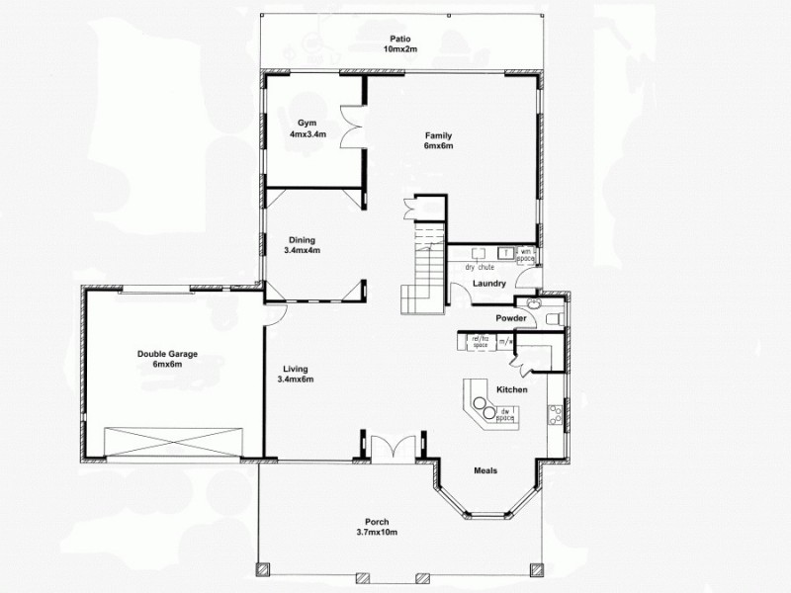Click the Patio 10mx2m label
(400, 42)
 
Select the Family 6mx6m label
(439, 140)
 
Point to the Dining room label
(302, 245)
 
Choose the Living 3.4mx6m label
(296, 374)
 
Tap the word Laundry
(489, 285)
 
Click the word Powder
(510, 318)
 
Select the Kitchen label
(512, 390)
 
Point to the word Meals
(485, 470)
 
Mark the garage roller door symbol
(174, 441)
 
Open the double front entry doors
(393, 447)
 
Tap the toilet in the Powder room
(554, 317)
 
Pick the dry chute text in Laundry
(480, 267)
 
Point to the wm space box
(526, 255)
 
